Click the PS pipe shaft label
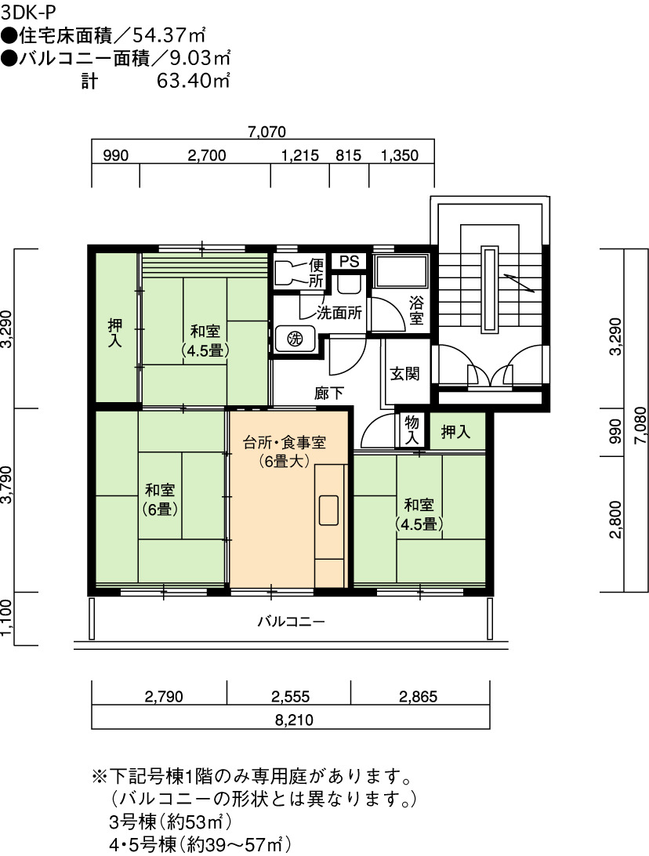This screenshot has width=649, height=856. (350, 261)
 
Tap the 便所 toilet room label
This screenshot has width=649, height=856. (317, 273)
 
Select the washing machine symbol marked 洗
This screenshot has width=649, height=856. (295, 339)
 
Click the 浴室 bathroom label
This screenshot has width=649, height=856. (416, 310)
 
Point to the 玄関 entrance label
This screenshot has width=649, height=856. (405, 374)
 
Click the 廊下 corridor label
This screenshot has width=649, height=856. (329, 393)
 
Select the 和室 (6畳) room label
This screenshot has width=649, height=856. (160, 499)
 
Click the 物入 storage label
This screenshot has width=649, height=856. (412, 429)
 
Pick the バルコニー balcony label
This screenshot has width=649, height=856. (292, 622)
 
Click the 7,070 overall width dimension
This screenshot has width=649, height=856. (267, 132)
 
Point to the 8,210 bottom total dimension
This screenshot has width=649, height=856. (294, 720)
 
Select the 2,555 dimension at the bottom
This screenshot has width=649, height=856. (290, 697)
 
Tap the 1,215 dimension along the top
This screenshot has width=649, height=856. (300, 155)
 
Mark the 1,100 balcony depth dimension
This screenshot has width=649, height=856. (6, 618)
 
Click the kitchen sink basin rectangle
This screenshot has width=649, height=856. (328, 510)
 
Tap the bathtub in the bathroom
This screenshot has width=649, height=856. (400, 270)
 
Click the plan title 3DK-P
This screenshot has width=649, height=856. (28, 12)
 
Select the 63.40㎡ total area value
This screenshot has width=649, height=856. (194, 81)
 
